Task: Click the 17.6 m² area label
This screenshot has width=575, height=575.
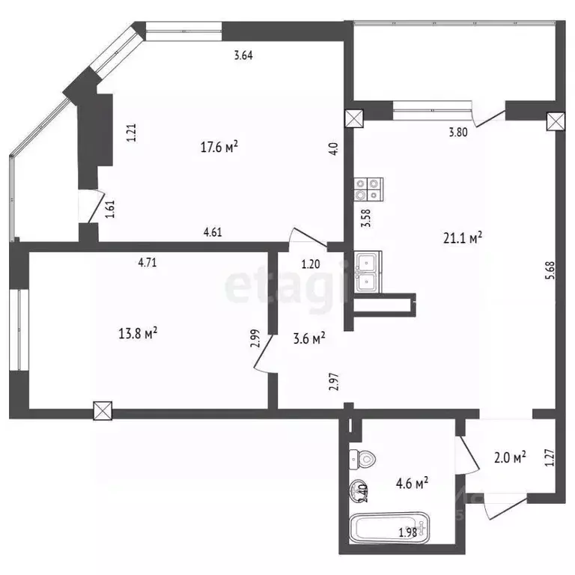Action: [x=219, y=147]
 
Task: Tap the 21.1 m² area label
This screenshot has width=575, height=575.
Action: [x=462, y=237]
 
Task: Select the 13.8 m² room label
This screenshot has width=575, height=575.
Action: [x=138, y=333]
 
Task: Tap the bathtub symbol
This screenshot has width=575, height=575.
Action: [x=389, y=529]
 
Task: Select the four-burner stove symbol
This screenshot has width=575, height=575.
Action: [x=369, y=189]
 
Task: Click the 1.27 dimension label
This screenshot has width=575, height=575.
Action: [x=550, y=457]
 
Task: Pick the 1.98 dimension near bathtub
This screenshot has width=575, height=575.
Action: [x=408, y=533]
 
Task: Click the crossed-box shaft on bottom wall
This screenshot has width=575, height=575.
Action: [x=103, y=410]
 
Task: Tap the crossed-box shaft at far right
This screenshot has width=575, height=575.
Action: [x=555, y=121]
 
